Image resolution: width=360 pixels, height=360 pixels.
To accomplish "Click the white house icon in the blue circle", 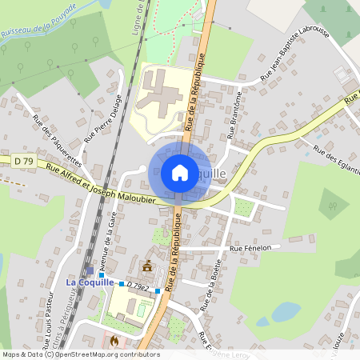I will coord(179,173).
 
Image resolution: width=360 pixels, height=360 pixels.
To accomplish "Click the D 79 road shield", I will coord(24,161).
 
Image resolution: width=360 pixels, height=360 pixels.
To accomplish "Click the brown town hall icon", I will coord(147,266).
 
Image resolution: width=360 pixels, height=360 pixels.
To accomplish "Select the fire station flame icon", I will coord(114,339).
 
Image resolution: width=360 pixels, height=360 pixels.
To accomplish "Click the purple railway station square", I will coord(90,270).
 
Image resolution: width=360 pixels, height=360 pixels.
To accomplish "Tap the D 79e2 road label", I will coord(139,284).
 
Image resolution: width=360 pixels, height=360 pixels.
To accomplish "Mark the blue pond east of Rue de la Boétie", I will coord(286,311).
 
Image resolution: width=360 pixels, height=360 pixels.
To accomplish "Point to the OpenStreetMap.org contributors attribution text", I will coord(104,354).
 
